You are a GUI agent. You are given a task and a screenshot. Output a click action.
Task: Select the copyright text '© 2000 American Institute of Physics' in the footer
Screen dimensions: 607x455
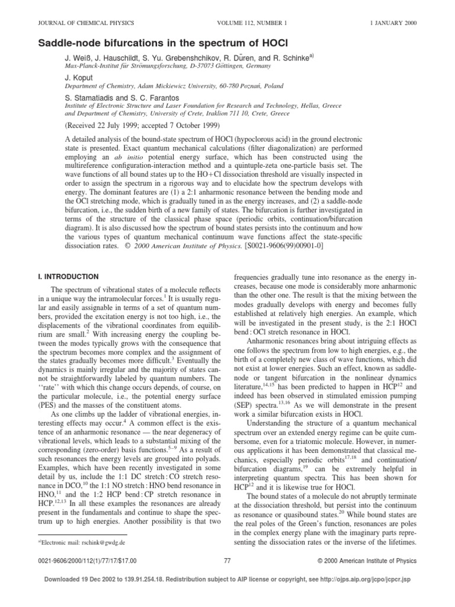(x=368, y=560)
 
